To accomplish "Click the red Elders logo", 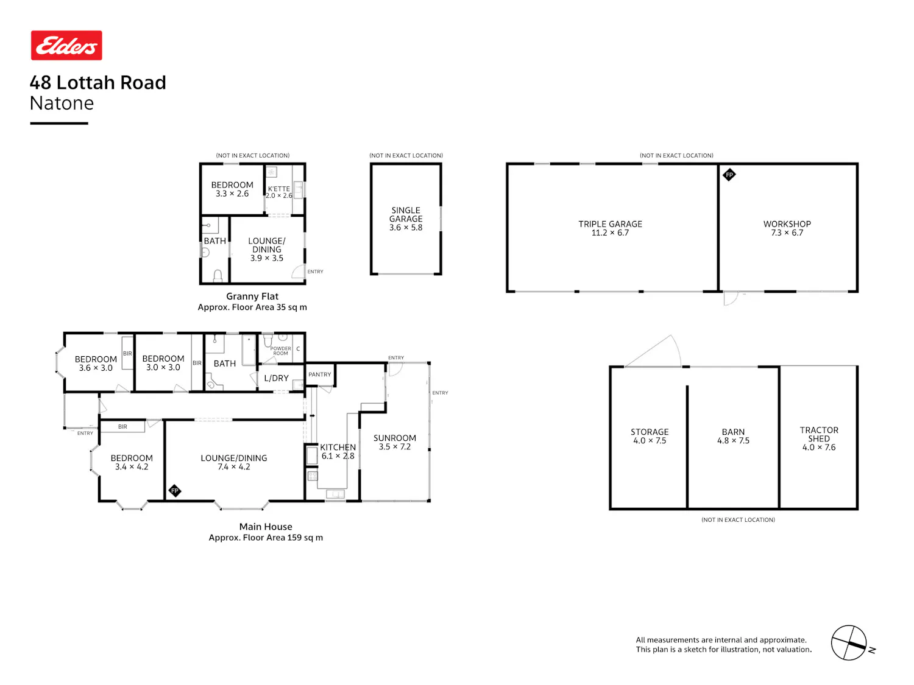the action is tap(66, 45).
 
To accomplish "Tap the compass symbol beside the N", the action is tap(848, 642).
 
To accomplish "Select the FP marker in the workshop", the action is tap(729, 175).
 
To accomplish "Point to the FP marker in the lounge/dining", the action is tap(174, 491).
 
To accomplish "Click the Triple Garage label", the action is tap(610, 228).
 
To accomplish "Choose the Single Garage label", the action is tap(406, 219).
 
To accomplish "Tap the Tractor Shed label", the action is tap(819, 438).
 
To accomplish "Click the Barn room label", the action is tap(733, 436).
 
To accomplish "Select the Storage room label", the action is tap(649, 436).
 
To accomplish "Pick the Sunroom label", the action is tap(394, 442).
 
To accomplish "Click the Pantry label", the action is tap(319, 374).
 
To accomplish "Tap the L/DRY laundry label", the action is tap(276, 378).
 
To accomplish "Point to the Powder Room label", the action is tap(280, 351).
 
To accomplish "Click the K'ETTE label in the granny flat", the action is tap(278, 188).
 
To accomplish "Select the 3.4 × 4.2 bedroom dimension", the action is tap(132, 466).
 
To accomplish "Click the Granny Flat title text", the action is tap(252, 296).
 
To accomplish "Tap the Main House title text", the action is tap(266, 527).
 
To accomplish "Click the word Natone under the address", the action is tap(62, 103).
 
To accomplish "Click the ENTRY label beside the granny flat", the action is tap(315, 272).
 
